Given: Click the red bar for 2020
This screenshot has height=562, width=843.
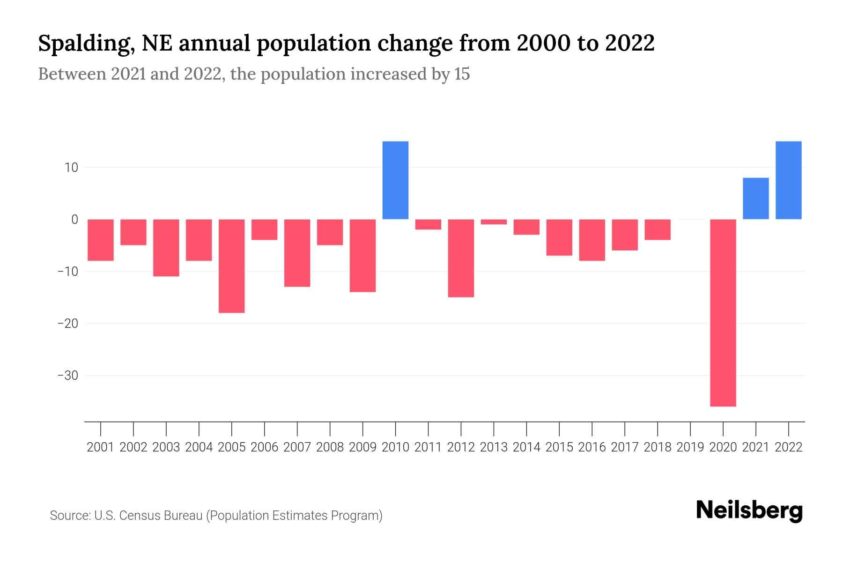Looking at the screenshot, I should [x=723, y=312].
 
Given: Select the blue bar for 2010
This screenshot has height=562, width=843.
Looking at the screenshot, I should [x=395, y=180].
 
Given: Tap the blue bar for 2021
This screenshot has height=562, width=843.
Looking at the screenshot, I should [x=756, y=199].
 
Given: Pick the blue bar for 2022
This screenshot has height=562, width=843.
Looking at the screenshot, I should [x=789, y=180].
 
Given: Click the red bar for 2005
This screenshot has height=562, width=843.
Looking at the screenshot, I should [x=232, y=266].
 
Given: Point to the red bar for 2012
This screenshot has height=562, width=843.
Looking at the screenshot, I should [x=461, y=258].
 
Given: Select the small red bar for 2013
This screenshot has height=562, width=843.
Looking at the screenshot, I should [x=494, y=222].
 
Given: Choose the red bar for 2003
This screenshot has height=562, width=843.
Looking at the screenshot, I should [x=166, y=248].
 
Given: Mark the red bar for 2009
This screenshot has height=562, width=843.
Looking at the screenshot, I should [x=362, y=255].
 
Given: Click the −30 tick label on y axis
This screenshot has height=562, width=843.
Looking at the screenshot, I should [x=67, y=376].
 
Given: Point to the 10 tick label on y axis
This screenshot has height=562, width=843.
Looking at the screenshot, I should [x=71, y=168].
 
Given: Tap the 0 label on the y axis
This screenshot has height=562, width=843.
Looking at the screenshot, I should [x=74, y=219].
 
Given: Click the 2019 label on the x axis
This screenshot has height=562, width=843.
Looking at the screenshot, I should [x=690, y=447].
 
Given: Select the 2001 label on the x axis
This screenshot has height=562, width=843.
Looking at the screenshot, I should [x=101, y=447].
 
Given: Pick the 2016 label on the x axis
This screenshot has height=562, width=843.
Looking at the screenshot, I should [x=592, y=447].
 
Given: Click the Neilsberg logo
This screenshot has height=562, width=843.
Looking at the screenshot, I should [x=749, y=511].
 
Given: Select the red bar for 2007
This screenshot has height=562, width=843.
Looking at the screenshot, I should [x=297, y=253].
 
